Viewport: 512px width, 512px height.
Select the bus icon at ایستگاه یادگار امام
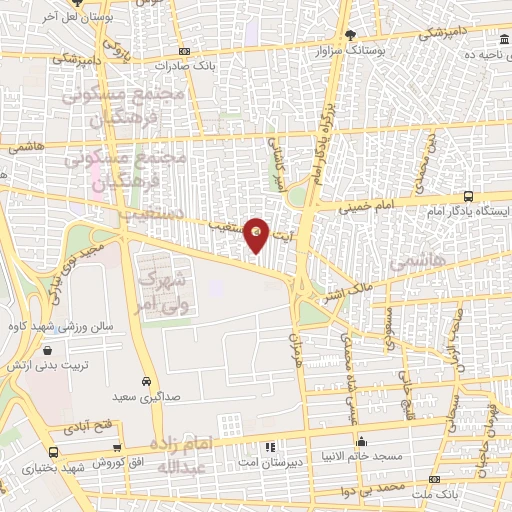point(469,197)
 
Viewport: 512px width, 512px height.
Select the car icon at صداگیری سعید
point(146,382)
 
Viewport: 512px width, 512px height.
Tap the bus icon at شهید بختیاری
point(52,453)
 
